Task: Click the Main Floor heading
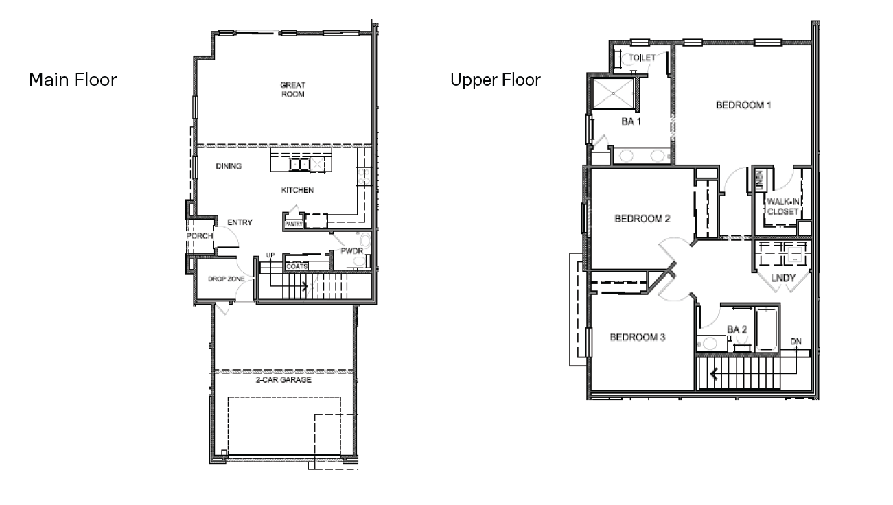73,80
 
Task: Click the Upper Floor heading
495,80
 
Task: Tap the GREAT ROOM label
292,90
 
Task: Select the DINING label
229,166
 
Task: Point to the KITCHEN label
297,190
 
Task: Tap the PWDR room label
351,252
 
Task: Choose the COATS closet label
297,266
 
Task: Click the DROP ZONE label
227,279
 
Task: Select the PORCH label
200,236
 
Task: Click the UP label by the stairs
270,255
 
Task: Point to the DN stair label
796,341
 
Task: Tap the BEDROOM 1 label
744,106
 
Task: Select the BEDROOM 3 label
638,338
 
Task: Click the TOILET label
642,58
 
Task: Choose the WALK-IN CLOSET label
782,207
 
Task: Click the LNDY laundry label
782,278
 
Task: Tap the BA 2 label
737,330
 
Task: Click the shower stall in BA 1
612,95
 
